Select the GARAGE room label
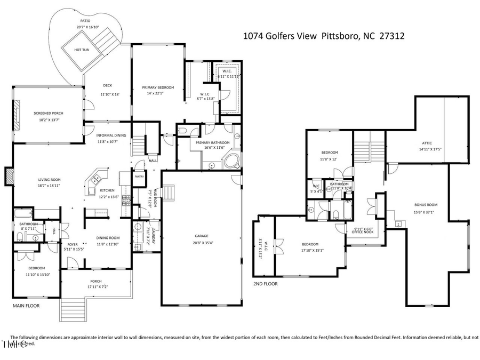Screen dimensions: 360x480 201,235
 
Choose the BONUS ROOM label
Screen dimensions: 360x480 426,204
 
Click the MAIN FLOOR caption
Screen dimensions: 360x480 26,306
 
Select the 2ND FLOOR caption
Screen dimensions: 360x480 266,284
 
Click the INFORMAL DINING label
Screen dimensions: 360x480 111,135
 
